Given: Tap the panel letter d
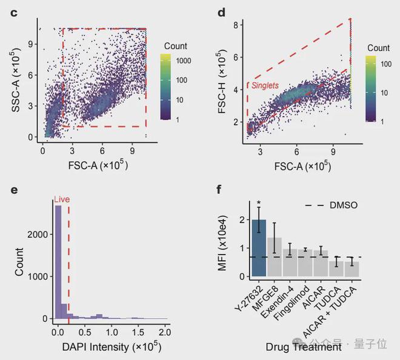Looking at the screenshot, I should [x=221, y=13].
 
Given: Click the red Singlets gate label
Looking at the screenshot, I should [x=265, y=86].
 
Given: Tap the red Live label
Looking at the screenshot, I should [x=61, y=199].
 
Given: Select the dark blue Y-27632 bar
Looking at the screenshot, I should [x=259, y=248].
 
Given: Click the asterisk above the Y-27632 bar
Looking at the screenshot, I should [x=259, y=204].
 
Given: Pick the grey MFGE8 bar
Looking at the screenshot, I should [x=275, y=257].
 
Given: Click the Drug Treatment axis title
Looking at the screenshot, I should [x=303, y=347].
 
